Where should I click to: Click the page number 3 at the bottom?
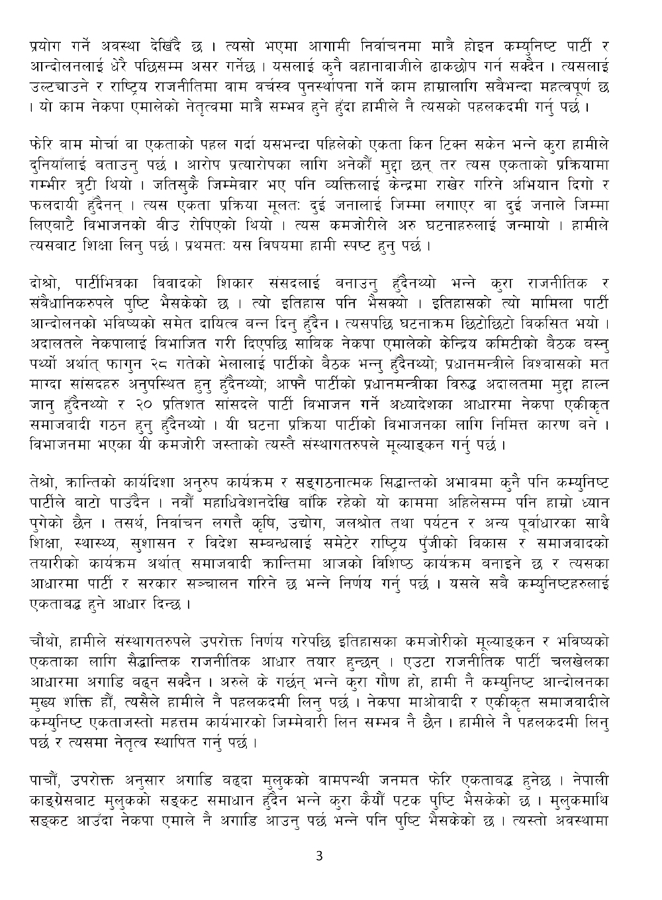[320, 857]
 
